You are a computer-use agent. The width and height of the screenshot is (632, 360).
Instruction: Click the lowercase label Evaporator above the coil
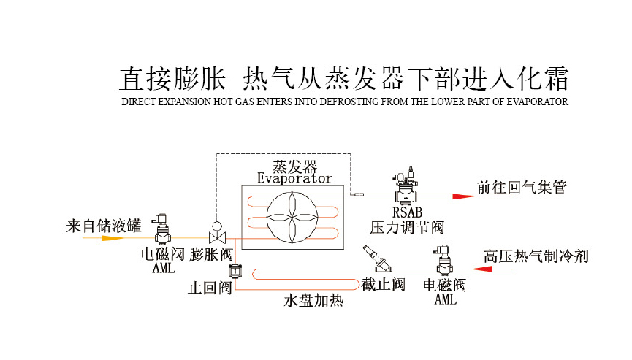pyautogui.click(x=294, y=178)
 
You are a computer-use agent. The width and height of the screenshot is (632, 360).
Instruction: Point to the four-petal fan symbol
pyautogui.click(x=292, y=217)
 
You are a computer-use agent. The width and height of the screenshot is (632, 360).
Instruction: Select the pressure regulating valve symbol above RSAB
pyautogui.click(x=404, y=187)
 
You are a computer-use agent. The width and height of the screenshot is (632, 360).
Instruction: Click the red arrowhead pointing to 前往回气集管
pyautogui.click(x=462, y=196)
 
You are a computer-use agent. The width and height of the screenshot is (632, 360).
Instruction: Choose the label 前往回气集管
pyautogui.click(x=522, y=188)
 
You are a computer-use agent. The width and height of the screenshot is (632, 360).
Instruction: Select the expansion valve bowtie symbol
pyautogui.click(x=216, y=237)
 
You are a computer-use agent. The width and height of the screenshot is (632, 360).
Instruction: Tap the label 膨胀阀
pyautogui.click(x=210, y=255)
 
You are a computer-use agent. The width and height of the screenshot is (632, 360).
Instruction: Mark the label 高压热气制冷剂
pyautogui.click(x=536, y=256)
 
